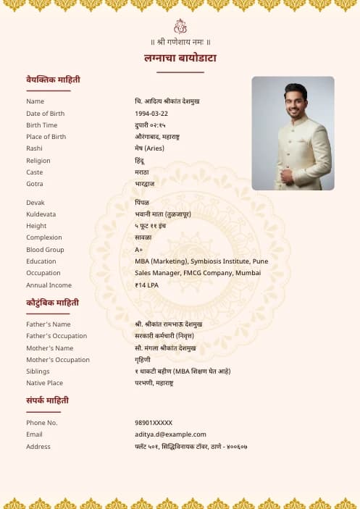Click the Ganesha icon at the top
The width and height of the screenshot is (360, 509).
click(x=180, y=26)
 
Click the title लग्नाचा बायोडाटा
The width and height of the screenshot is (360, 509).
click(x=180, y=58)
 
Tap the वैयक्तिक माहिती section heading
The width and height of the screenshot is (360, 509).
click(x=53, y=79)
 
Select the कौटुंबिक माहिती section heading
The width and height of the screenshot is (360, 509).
click(x=52, y=303)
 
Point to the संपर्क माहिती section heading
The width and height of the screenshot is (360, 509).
click(x=48, y=400)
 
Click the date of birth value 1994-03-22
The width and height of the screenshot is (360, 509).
click(x=151, y=114)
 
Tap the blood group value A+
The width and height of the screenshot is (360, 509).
click(x=139, y=250)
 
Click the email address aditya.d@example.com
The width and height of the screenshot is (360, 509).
click(x=170, y=434)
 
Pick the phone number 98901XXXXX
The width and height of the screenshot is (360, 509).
click(x=154, y=423)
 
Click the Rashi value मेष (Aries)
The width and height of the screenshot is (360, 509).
click(x=149, y=148)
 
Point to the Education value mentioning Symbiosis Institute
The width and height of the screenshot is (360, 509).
click(x=201, y=261)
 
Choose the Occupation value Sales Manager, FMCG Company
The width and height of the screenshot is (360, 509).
click(x=198, y=273)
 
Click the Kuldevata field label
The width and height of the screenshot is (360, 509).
click(x=41, y=214)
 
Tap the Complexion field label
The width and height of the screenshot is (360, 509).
click(x=44, y=237)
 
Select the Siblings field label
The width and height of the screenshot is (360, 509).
click(x=38, y=371)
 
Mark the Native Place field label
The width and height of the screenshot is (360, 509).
click(x=44, y=383)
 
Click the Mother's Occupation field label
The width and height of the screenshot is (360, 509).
click(x=58, y=360)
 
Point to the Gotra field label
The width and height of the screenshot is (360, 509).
click(x=35, y=184)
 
